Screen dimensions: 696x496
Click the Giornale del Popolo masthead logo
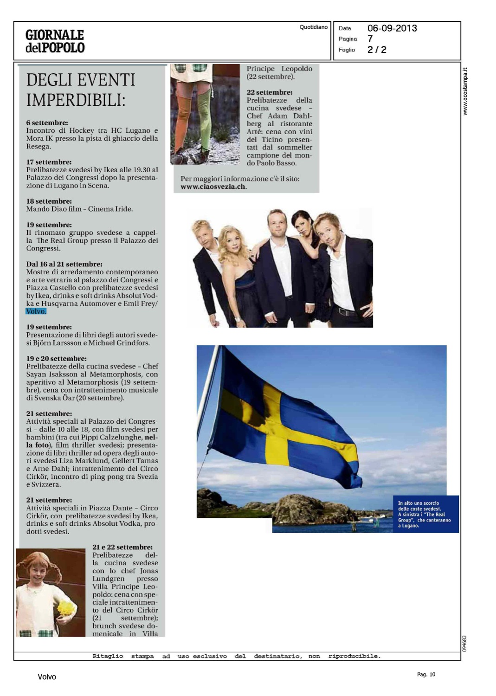(x=55, y=41)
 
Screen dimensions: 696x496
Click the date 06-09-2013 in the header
(x=392, y=28)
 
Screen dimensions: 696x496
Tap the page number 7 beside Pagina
(x=370, y=39)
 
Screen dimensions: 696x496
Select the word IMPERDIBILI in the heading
(x=76, y=100)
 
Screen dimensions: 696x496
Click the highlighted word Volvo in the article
(x=36, y=311)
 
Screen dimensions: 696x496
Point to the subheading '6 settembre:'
(x=47, y=123)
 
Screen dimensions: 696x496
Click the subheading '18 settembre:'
(x=49, y=201)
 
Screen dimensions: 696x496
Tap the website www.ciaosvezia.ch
(x=213, y=187)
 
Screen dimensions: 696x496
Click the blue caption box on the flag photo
(x=425, y=514)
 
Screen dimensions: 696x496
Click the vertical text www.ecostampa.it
(x=465, y=91)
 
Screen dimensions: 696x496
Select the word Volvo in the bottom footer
(x=47, y=677)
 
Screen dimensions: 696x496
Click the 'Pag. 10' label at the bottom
(x=426, y=675)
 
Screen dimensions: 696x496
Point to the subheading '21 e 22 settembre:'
(x=122, y=548)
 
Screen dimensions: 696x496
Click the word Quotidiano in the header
(x=313, y=27)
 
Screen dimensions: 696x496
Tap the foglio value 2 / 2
(x=376, y=50)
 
